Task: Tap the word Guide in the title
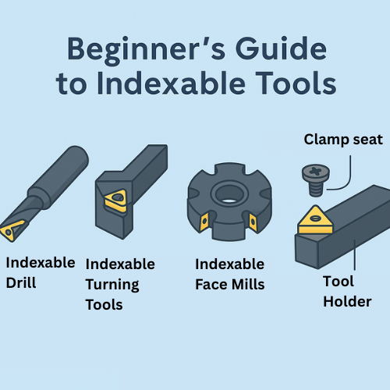tap(281, 48)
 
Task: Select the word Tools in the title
tap(296, 83)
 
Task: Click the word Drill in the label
tap(21, 282)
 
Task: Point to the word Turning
tap(112, 285)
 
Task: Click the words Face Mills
tap(230, 284)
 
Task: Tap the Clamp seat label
tap(343, 140)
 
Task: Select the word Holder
tap(347, 302)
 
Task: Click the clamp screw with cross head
tap(316, 180)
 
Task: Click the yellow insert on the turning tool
tap(116, 200)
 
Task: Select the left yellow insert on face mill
tap(204, 222)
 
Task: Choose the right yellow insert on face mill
tap(253, 222)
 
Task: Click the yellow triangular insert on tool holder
tap(315, 220)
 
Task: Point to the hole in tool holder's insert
tap(315, 218)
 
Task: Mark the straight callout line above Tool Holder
tap(355, 255)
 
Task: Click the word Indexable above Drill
tap(41, 263)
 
